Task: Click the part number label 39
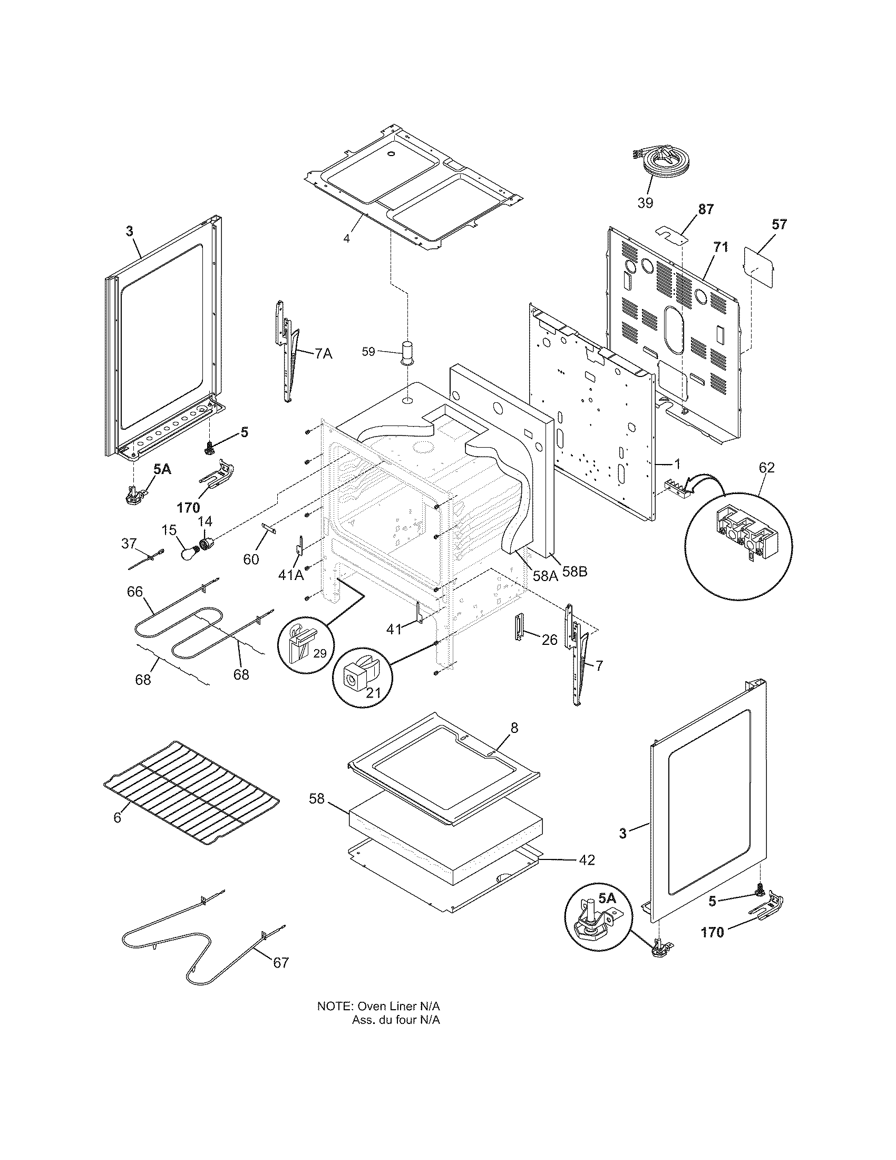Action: (645, 202)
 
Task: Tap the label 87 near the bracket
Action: (705, 209)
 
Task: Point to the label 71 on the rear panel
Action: (721, 247)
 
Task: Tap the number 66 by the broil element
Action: (135, 591)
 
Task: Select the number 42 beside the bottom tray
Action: (586, 859)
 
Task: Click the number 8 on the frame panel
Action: (514, 728)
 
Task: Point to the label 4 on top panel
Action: (346, 238)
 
